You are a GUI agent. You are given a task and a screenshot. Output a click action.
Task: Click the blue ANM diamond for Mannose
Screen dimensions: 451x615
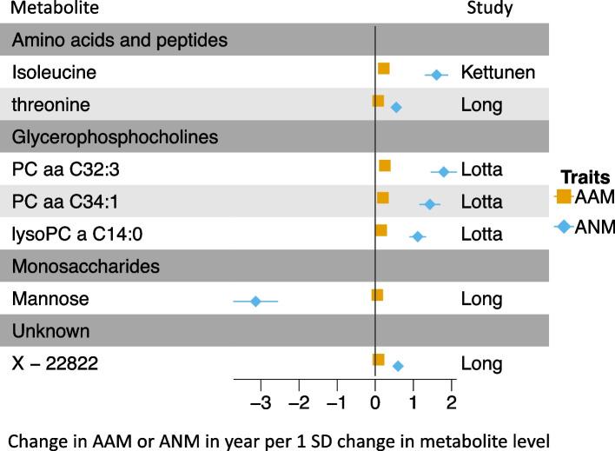(x=255, y=301)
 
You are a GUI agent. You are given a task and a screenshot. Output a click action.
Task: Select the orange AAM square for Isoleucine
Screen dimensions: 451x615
(x=383, y=69)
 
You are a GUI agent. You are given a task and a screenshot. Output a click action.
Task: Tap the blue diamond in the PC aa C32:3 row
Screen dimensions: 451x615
(x=444, y=171)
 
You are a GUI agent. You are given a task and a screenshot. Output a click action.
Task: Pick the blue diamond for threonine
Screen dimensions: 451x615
(x=396, y=107)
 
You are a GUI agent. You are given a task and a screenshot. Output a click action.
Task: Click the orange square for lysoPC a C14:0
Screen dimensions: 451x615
(x=380, y=230)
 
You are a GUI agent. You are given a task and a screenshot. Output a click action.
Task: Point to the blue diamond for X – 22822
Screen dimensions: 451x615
(x=398, y=366)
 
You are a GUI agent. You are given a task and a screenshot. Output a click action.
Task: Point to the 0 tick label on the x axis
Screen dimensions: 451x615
(x=374, y=403)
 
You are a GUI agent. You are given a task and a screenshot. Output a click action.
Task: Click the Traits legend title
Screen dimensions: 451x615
(x=585, y=175)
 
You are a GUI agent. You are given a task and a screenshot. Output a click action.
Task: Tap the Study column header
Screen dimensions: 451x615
(x=490, y=10)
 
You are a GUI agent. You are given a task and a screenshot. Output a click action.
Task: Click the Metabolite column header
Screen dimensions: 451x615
(x=55, y=10)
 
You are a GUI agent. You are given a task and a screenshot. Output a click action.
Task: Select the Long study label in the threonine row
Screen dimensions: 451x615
(x=482, y=105)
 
